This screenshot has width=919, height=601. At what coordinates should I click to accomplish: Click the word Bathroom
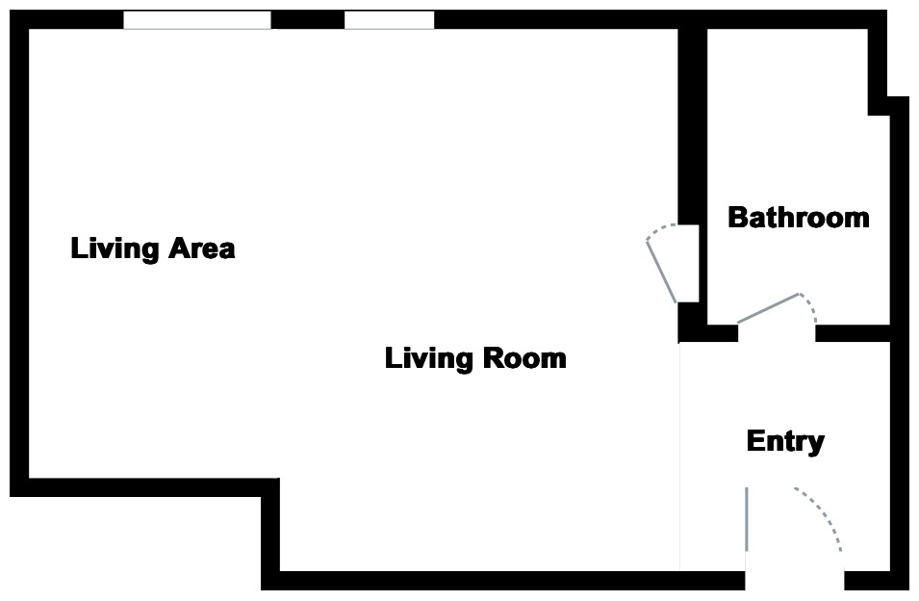pos(798,218)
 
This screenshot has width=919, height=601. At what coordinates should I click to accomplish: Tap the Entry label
pos(785,442)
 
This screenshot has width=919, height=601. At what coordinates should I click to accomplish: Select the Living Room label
pos(475,359)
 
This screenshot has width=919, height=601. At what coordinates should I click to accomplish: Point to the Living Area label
pos(153,248)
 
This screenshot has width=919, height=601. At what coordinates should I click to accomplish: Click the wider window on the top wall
pos(197,20)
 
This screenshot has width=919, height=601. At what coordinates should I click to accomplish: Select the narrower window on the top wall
pos(389,20)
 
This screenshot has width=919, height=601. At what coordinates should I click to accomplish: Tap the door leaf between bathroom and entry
pos(768,308)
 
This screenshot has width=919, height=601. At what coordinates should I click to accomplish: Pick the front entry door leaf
pos(746,519)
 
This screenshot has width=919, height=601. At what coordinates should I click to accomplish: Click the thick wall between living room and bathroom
pos(691,125)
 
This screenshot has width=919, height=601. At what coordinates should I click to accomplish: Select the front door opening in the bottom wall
pos(794,580)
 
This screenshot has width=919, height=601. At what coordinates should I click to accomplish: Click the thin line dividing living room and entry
pos(680,453)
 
